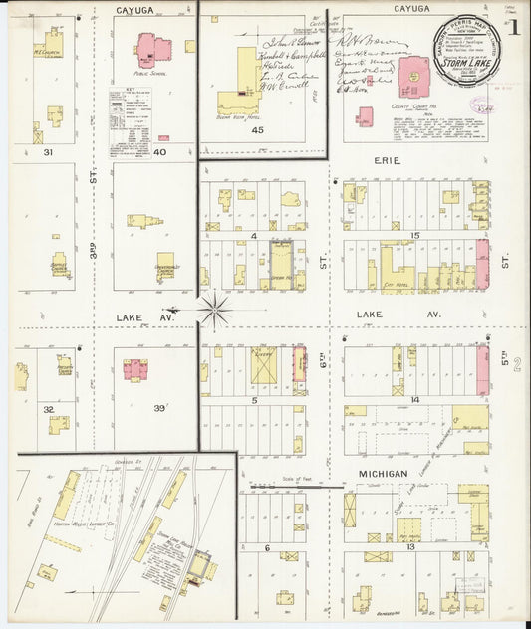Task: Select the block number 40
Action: [159, 151]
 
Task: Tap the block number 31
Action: [48, 152]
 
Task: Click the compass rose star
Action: [214, 310]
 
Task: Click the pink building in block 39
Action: [135, 369]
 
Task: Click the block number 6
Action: [267, 547]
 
